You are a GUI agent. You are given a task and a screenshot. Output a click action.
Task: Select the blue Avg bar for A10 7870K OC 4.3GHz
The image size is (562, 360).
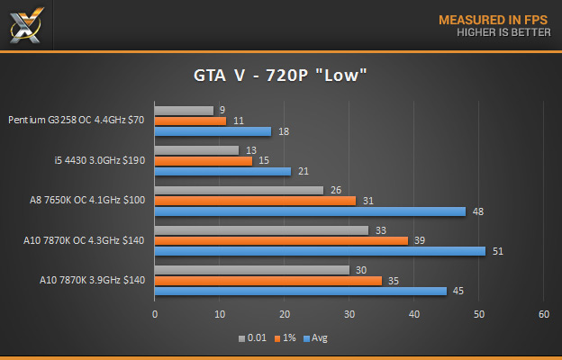[x=320, y=251]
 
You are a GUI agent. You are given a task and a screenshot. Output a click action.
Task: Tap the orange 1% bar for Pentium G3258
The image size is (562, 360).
[x=190, y=121]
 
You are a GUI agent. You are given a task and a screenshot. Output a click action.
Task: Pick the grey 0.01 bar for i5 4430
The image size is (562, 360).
[x=196, y=150]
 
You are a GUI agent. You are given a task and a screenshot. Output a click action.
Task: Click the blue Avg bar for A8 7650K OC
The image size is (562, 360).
[x=310, y=211]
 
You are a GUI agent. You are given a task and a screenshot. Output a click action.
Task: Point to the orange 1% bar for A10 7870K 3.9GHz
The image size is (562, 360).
[x=268, y=280]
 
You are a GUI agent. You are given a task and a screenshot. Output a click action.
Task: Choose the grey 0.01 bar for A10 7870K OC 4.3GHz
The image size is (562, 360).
[x=261, y=230]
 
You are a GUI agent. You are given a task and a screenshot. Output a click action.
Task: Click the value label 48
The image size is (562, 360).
[x=478, y=211]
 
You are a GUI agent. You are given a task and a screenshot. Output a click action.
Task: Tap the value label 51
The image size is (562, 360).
[x=497, y=251]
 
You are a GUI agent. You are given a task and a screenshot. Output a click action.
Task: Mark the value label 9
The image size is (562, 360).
[x=222, y=111]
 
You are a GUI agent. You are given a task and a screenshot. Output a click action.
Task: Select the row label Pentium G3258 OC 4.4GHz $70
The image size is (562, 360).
[x=77, y=121]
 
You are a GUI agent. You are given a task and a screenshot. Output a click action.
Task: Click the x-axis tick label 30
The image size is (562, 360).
[x=349, y=314]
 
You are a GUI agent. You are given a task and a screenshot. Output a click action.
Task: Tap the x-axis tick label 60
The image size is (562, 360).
[x=543, y=314]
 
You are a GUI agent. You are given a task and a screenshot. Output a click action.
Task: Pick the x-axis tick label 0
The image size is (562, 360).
[x=155, y=314]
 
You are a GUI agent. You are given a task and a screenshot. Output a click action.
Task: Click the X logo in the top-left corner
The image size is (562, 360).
[x=25, y=23]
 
